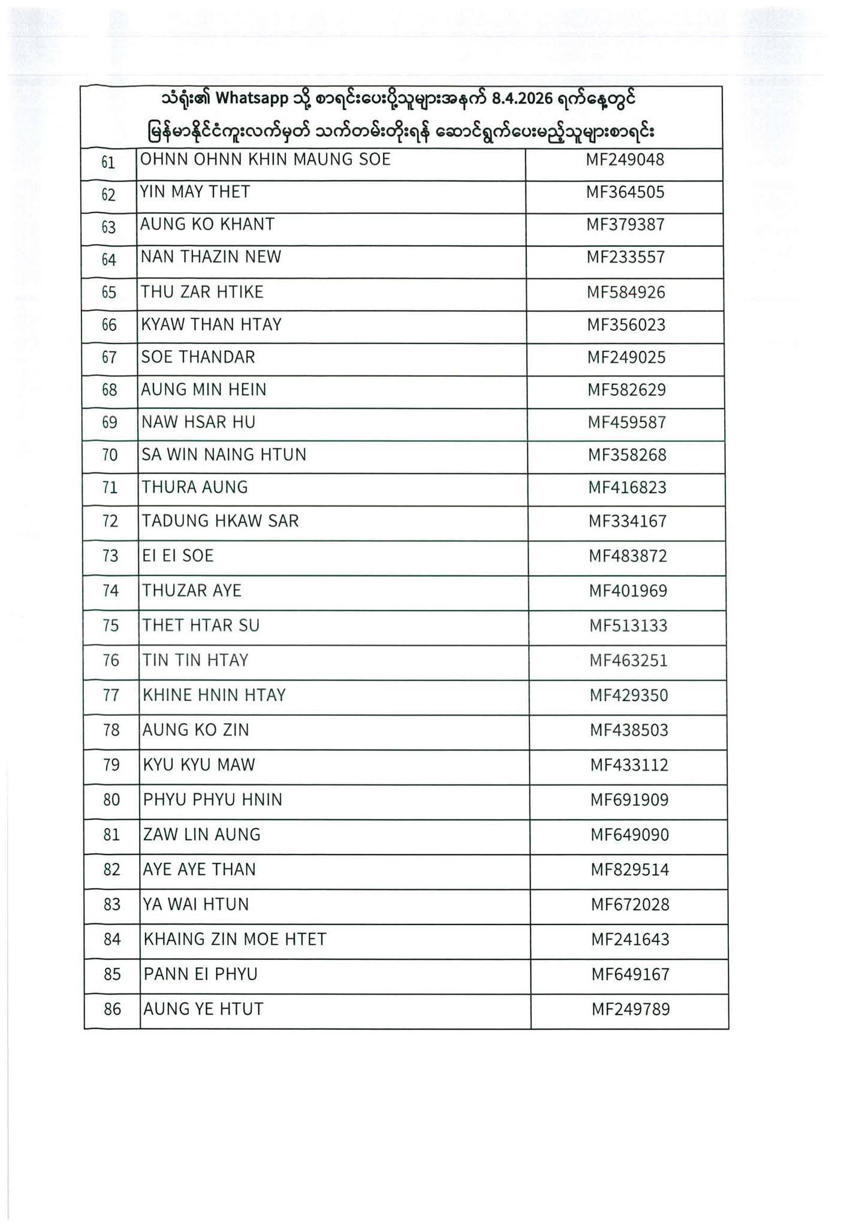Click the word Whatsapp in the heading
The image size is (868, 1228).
tap(252, 99)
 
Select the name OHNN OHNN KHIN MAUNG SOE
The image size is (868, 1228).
tap(265, 159)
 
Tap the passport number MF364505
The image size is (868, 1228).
tap(625, 192)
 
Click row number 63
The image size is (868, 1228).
tap(108, 227)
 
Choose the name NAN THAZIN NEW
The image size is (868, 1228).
tap(210, 257)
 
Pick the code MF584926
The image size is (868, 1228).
tap(626, 293)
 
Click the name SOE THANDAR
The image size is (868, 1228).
tap(198, 357)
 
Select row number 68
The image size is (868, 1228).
tap(110, 390)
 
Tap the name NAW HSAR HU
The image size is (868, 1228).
tap(198, 423)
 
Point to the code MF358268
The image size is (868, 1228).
tap(627, 455)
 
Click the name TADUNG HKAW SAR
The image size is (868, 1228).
tap(220, 521)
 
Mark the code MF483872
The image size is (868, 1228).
tap(628, 556)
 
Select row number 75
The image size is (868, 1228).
tap(111, 626)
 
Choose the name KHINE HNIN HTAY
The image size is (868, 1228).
tap(214, 696)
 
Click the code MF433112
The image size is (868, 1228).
tap(629, 765)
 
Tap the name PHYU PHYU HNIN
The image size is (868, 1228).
tap(212, 800)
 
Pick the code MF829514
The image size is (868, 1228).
tap(629, 870)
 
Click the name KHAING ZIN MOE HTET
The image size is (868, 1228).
tap(234, 940)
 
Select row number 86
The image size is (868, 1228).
tap(113, 1009)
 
